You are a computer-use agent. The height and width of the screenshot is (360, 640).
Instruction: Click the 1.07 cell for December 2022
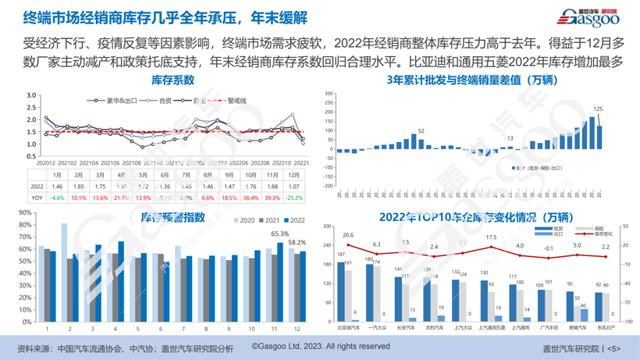[x=293, y=187]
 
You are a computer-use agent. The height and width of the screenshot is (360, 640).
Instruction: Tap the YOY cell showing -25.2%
[x=293, y=198]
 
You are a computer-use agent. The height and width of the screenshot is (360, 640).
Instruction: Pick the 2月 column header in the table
[x=79, y=176]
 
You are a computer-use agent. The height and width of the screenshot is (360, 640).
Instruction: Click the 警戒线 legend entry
[x=233, y=101]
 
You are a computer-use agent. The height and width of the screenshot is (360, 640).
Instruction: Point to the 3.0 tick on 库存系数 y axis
[x=31, y=95]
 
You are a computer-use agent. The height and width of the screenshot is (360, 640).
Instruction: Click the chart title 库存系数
[x=172, y=80]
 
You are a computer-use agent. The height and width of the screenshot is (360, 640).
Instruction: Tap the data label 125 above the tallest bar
[x=599, y=109]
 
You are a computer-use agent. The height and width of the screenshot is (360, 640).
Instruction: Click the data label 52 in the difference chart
[x=421, y=130]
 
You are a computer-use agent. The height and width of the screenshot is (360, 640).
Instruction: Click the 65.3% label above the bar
[x=279, y=233]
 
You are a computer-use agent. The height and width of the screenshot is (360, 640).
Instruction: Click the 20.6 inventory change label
[x=348, y=235]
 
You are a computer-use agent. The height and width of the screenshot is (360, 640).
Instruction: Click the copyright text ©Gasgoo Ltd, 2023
[x=320, y=346]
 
